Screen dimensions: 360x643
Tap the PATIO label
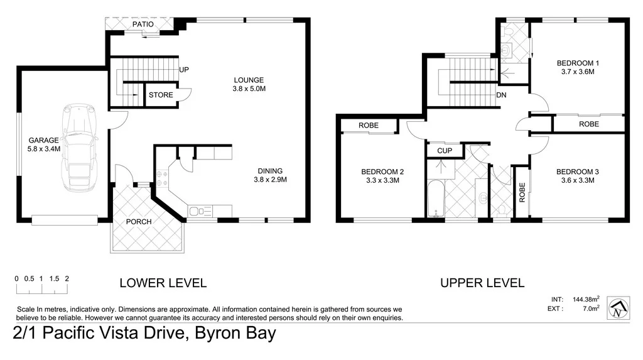coord(143,25)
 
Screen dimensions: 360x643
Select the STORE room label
coord(160,95)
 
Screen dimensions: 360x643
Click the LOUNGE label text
coord(249,80)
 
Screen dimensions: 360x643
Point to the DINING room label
coord(270,170)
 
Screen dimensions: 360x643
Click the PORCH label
coord(139,222)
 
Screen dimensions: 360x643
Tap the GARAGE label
coord(43,140)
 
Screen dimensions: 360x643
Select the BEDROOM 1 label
coord(578,63)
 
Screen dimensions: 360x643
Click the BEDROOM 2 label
coord(382,172)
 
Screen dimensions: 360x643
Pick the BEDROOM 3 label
coord(578,172)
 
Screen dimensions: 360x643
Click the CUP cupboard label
coord(444,151)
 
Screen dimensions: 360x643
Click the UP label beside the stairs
coord(185,69)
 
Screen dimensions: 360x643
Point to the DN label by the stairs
coord(501,95)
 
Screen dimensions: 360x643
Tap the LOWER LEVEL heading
coord(163,283)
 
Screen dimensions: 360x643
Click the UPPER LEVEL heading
coord(482,283)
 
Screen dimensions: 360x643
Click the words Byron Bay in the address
coord(235,333)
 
